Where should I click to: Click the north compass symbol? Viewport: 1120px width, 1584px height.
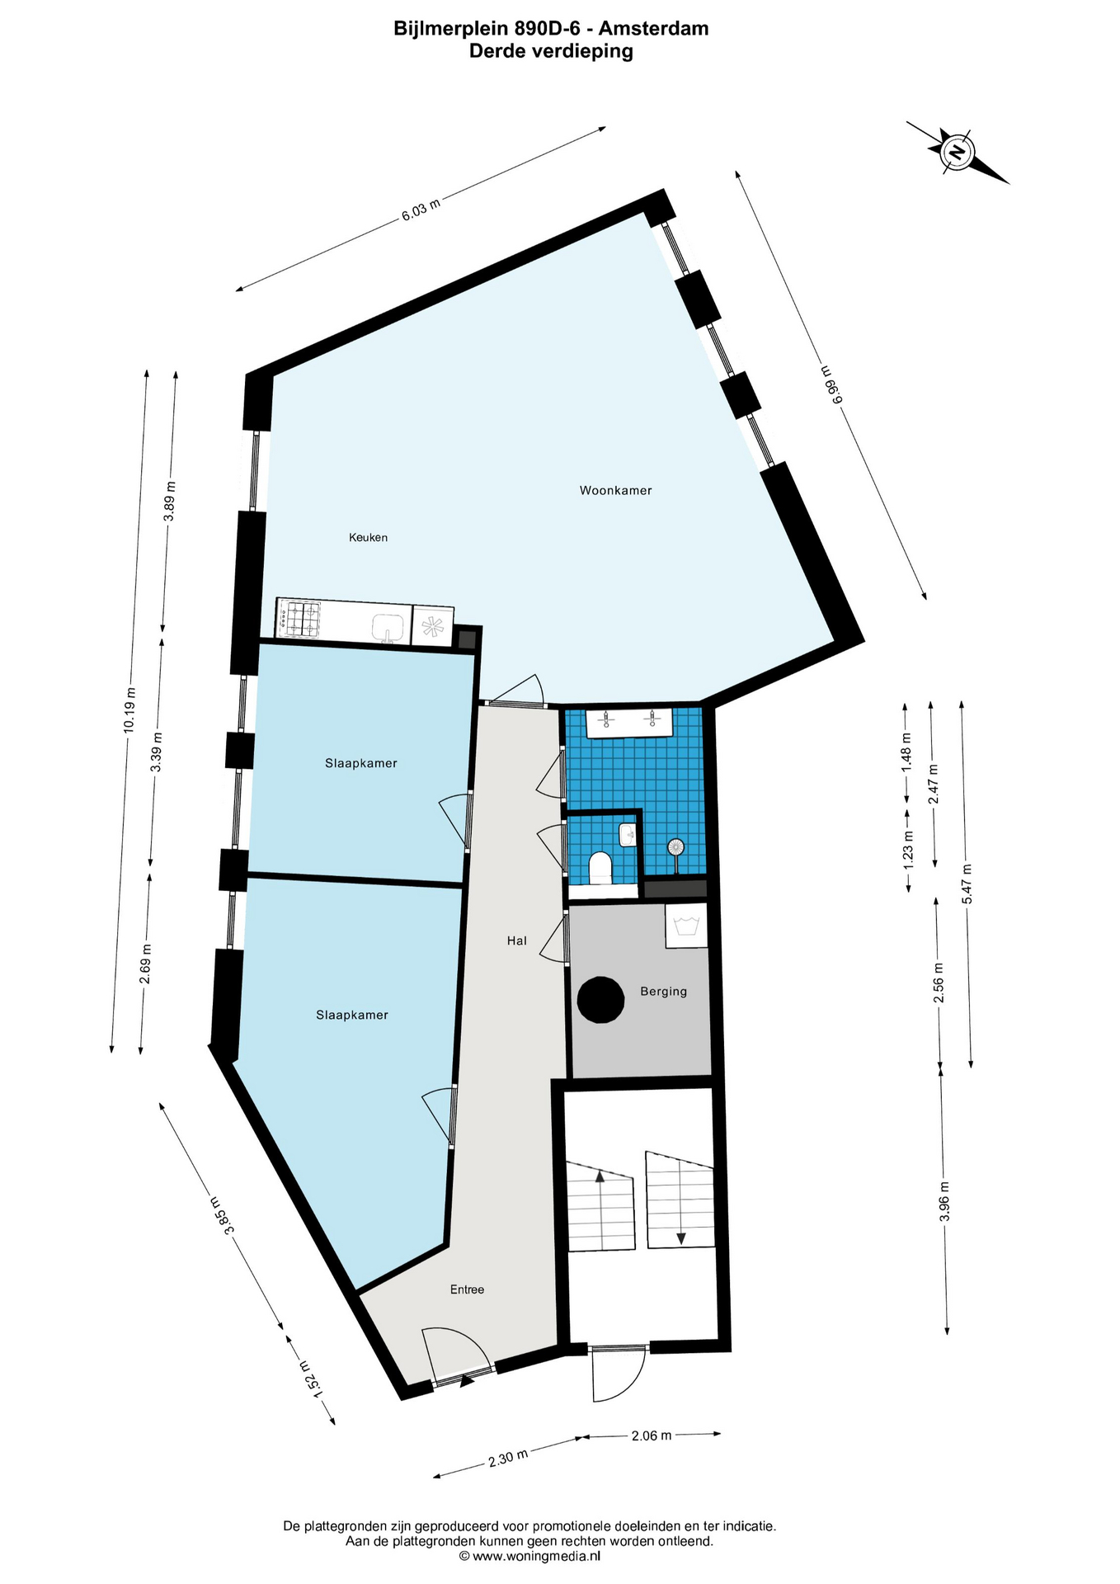click(x=958, y=153)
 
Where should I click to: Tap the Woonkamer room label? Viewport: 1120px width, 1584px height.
click(x=615, y=491)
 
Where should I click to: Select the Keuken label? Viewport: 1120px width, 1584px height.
click(x=368, y=538)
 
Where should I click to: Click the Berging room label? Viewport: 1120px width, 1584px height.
click(x=663, y=992)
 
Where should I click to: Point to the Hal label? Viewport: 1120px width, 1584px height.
click(x=517, y=940)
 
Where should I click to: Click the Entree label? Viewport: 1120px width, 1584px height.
click(x=467, y=1289)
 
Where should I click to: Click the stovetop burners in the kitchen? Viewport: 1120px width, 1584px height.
click(x=299, y=619)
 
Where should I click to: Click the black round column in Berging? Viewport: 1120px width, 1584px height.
click(x=600, y=999)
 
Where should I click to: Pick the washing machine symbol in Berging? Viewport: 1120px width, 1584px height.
click(x=686, y=926)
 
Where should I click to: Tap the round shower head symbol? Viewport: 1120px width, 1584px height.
click(x=676, y=846)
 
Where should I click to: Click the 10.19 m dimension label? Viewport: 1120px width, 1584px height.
click(x=129, y=710)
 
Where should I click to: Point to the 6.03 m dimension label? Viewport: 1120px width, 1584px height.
click(x=421, y=210)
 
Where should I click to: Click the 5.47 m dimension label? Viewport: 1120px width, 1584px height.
click(x=967, y=884)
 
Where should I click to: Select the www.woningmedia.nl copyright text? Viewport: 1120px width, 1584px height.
click(x=530, y=1556)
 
